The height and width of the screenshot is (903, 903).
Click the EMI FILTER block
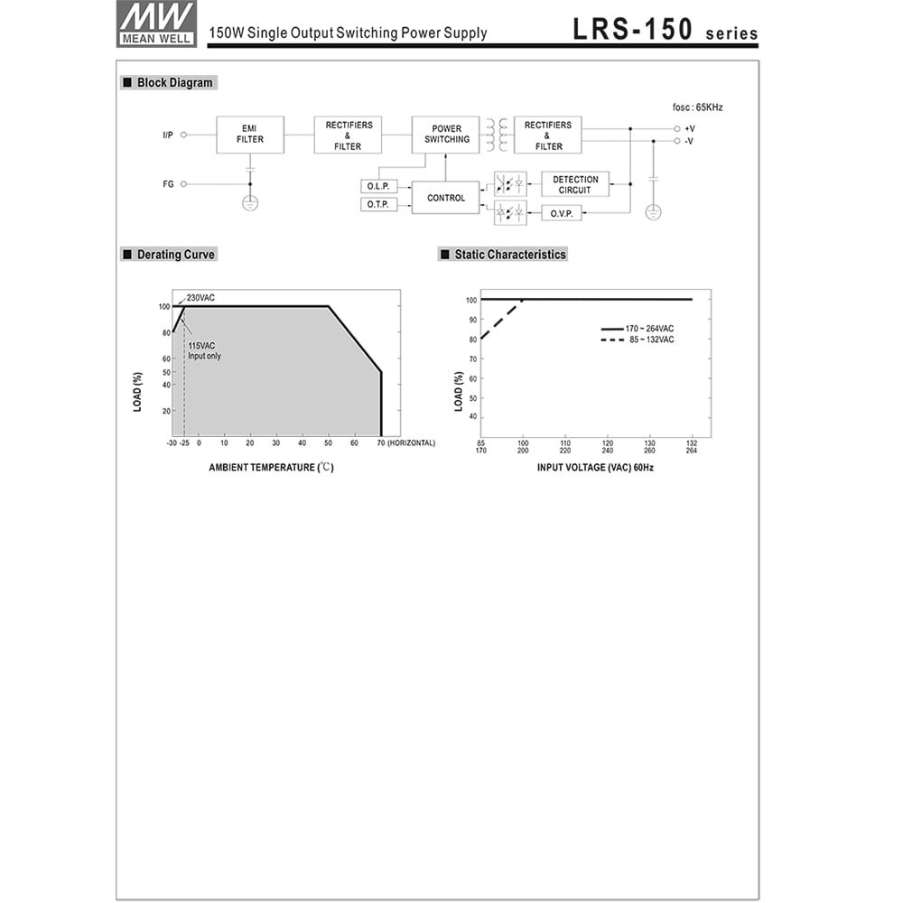250,135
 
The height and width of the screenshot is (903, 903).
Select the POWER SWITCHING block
446,135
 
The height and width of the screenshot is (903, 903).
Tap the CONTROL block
446,198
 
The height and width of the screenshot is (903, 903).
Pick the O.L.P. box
377,186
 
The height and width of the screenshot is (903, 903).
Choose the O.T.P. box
377,205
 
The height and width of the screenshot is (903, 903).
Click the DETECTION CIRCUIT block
575,185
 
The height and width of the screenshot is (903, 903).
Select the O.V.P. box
562,214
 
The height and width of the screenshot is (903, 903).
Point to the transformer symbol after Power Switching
497,135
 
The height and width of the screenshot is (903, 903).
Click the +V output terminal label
689,129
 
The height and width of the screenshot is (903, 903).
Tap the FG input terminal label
168,184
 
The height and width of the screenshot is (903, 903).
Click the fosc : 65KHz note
698,107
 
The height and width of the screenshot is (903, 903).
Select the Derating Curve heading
175,255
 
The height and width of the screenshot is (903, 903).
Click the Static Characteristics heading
509,255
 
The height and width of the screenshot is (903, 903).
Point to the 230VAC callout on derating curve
200,298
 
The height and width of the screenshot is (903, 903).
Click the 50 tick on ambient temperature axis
328,443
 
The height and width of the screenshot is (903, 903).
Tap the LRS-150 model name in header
632,30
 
